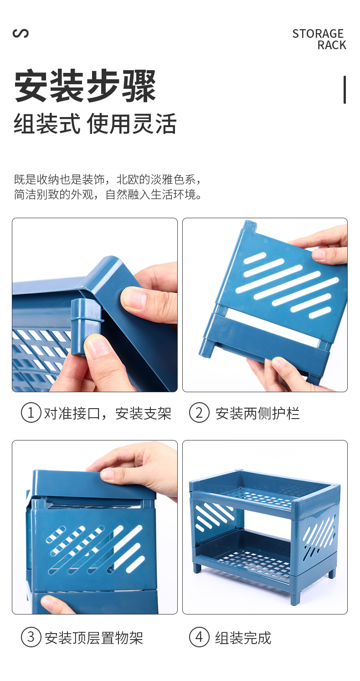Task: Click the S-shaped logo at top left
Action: [x=21, y=33]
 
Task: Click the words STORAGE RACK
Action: [x=319, y=39]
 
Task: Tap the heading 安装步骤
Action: [x=85, y=86]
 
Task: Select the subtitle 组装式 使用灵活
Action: [x=95, y=124]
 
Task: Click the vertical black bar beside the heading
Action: [x=345, y=90]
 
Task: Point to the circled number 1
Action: [x=31, y=413]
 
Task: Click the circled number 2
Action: [x=199, y=413]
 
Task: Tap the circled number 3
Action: [x=31, y=637]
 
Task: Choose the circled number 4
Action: [x=199, y=637]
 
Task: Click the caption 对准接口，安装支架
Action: [x=107, y=414]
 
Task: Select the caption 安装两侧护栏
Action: [x=257, y=414]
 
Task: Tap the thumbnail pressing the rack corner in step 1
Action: [x=133, y=298]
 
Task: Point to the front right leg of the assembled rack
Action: [x=295, y=597]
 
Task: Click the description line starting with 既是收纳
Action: [x=107, y=179]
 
